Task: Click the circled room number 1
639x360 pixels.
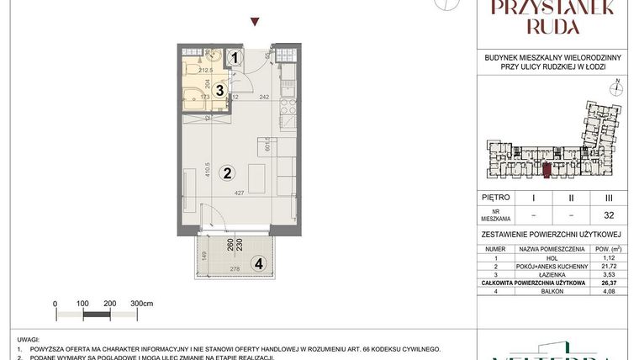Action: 235,57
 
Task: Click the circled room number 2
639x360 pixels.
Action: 225,174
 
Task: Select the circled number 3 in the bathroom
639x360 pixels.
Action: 219,88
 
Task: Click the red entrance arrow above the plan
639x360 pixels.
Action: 256,23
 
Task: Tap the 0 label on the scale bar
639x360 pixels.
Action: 55,303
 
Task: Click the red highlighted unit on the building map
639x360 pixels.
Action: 547,172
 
